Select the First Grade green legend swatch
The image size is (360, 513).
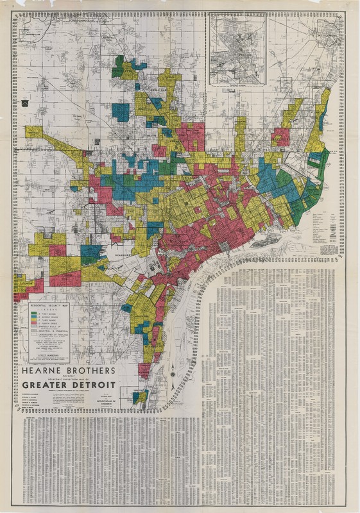(x=33, y=314)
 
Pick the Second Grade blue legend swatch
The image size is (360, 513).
(x=33, y=317)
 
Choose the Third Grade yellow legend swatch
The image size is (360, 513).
(x=33, y=320)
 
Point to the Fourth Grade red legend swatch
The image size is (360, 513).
(x=33, y=323)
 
